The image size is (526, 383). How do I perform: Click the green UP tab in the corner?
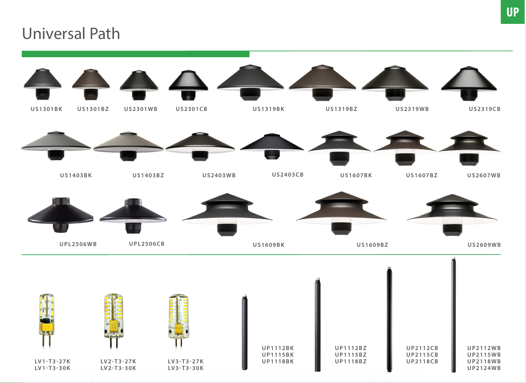[512, 12]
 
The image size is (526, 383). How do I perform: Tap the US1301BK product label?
[46, 109]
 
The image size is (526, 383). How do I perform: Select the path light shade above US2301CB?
[188, 84]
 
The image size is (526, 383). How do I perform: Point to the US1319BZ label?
[341, 109]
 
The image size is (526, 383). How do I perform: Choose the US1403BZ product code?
[148, 175]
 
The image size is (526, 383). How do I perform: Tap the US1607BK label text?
[356, 175]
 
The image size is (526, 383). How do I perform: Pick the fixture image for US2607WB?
[469, 147]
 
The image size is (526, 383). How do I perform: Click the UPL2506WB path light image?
[61, 215]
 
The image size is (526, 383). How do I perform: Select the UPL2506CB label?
[147, 244]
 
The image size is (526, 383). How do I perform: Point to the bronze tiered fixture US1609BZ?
[341, 212]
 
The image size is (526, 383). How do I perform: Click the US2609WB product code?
[484, 245]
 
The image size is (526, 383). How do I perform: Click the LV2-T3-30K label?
[118, 368]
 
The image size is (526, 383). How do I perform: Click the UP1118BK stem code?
[278, 361]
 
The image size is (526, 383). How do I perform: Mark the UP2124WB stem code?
[484, 368]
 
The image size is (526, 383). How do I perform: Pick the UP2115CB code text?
[422, 355]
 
